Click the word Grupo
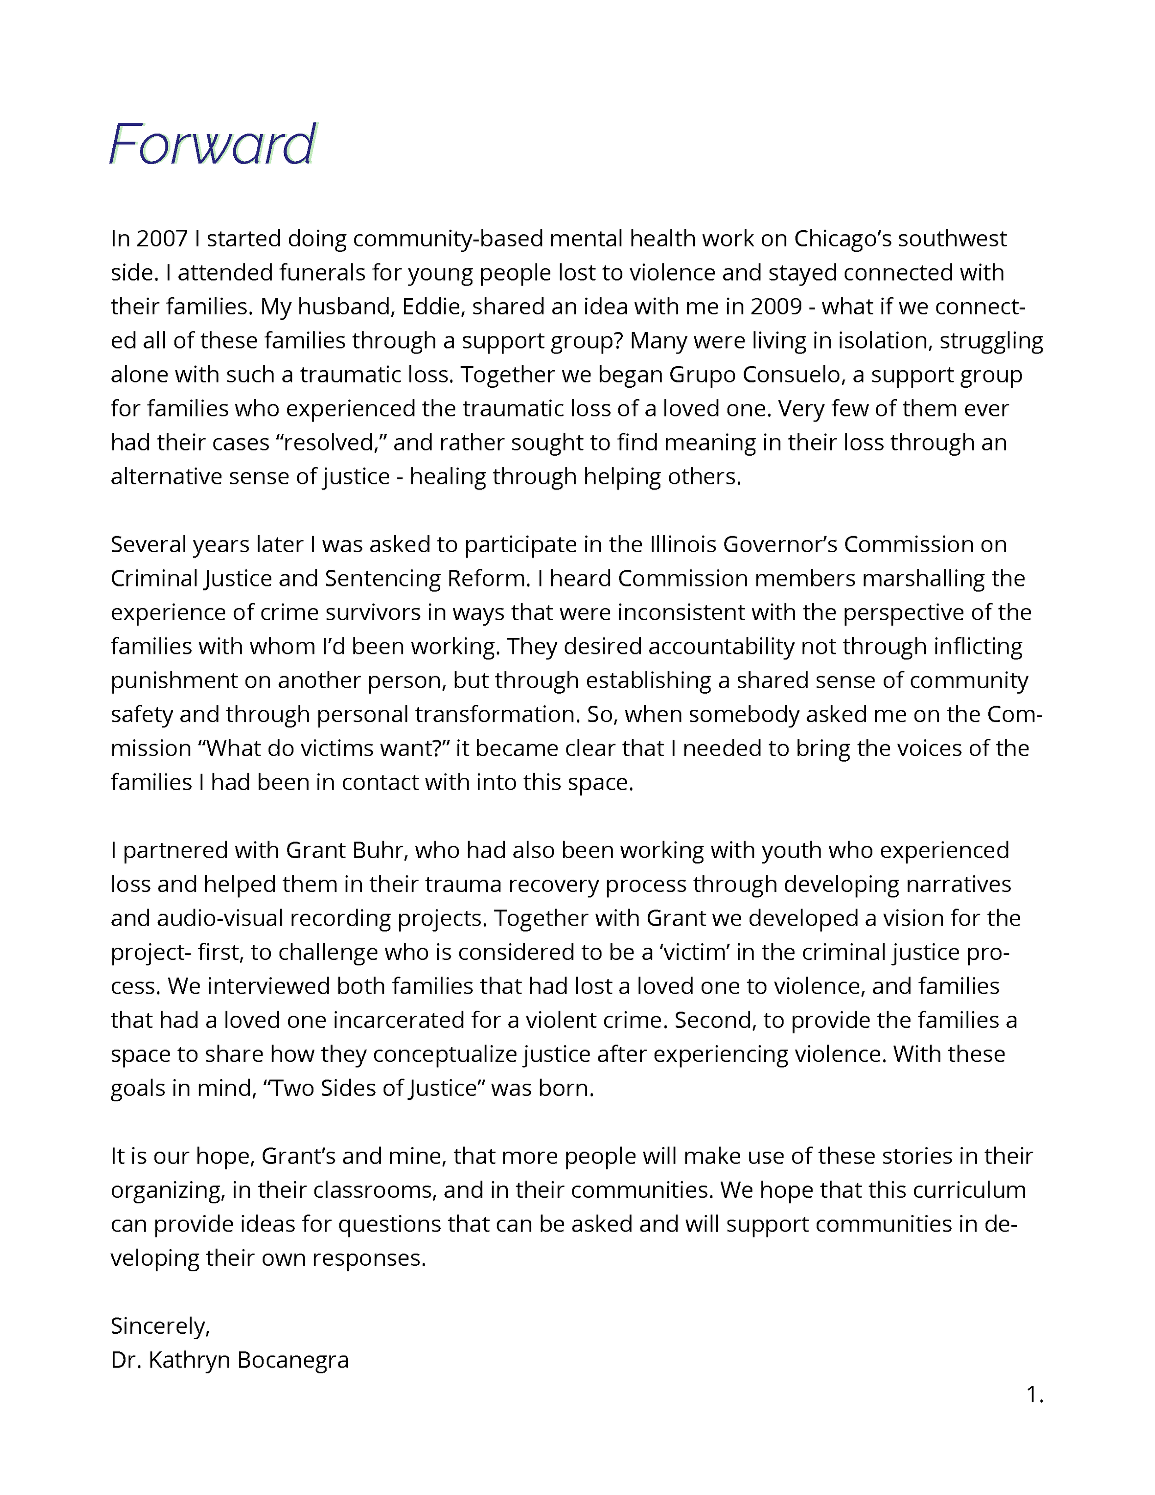click(x=702, y=375)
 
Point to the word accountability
click(x=721, y=647)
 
